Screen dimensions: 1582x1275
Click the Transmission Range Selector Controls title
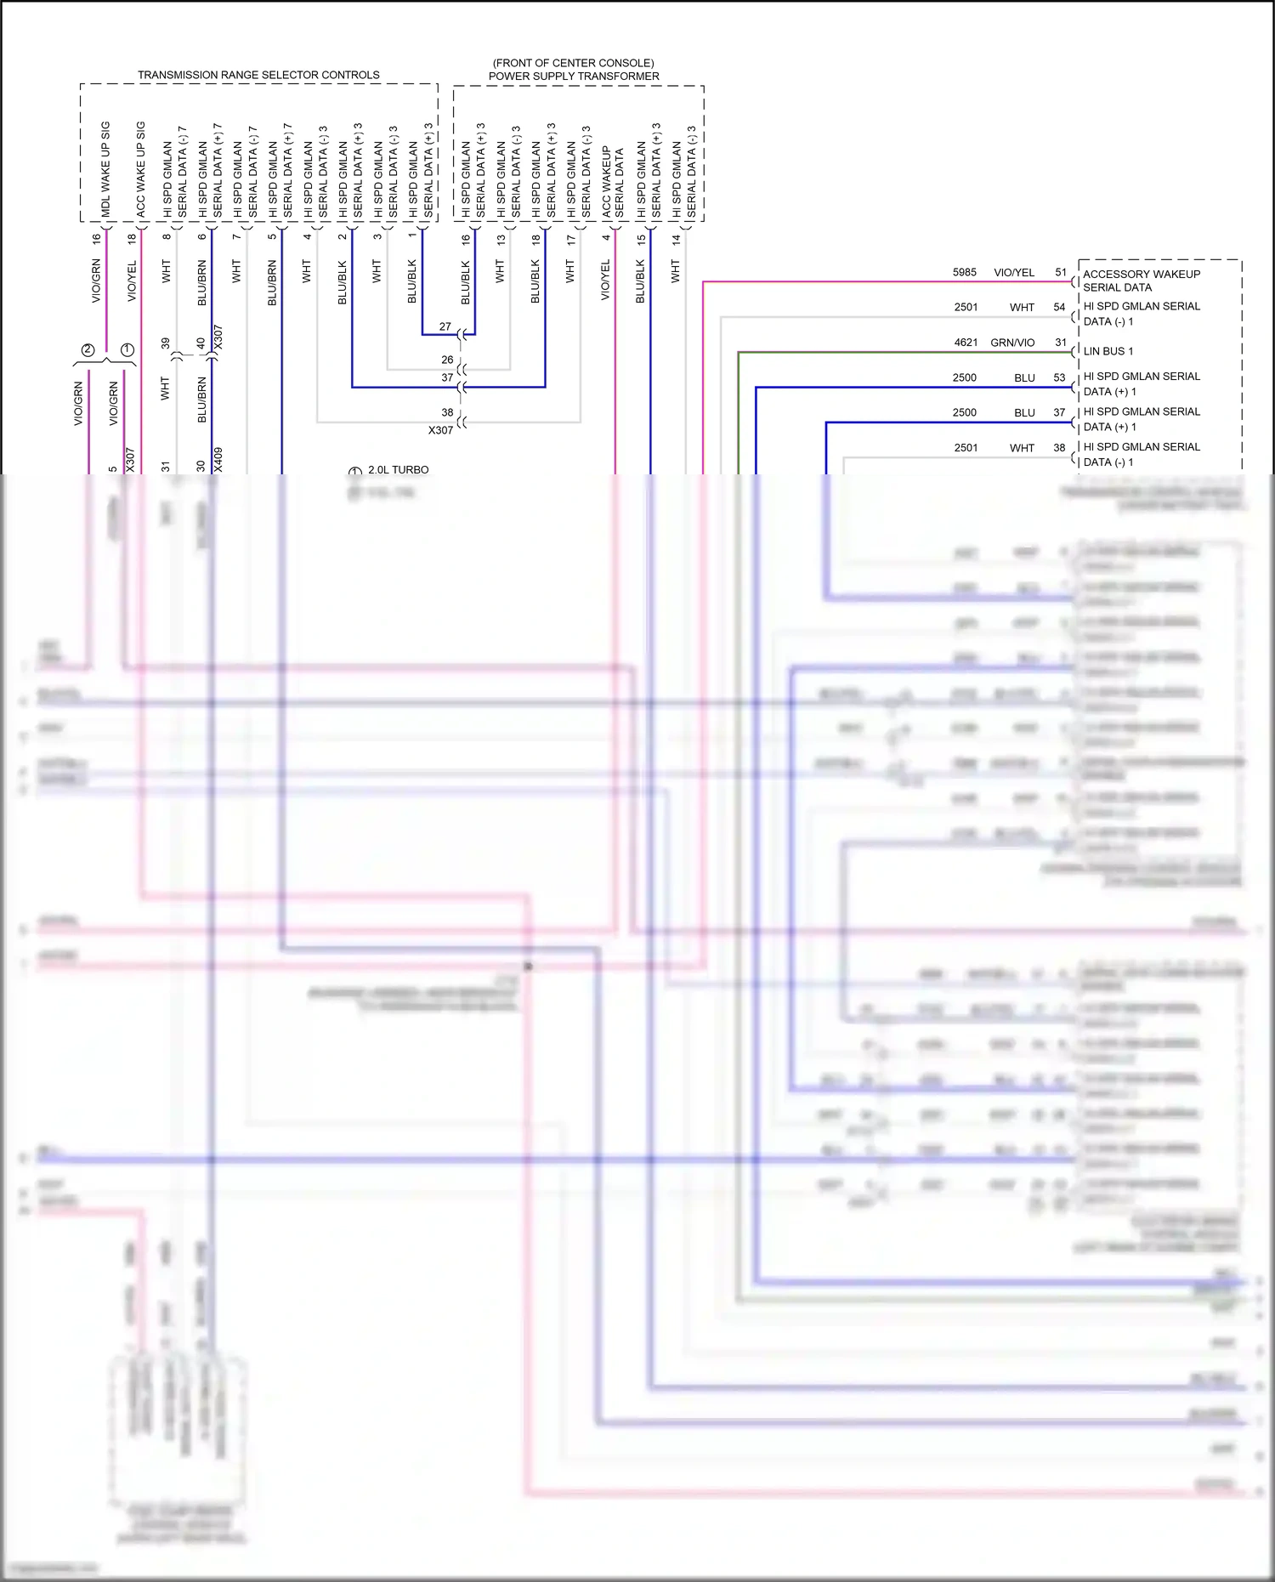coord(258,75)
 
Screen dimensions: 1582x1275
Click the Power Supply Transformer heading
coord(574,77)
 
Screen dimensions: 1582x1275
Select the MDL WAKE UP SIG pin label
coord(105,168)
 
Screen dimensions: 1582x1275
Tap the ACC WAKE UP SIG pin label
coord(141,168)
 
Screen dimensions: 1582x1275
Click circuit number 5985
coord(965,273)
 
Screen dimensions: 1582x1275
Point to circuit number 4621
coord(966,343)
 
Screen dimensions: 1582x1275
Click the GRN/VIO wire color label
coord(1012,343)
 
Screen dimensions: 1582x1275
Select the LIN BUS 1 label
coord(1108,351)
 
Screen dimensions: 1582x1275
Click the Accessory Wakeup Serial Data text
coord(1141,281)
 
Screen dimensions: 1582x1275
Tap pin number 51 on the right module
coord(1061,273)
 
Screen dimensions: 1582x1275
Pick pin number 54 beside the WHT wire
coord(1059,308)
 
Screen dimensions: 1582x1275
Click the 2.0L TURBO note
coord(398,470)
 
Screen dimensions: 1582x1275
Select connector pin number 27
coord(445,326)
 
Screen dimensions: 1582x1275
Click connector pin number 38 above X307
coord(447,412)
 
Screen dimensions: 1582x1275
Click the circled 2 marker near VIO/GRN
coord(88,350)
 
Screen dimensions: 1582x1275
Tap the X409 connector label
coord(218,460)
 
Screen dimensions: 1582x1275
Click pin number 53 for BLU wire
coord(1059,377)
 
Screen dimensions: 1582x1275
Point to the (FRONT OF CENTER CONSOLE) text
coord(573,63)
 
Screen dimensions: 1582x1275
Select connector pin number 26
coord(447,360)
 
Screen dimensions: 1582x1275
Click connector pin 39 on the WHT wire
coord(166,343)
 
